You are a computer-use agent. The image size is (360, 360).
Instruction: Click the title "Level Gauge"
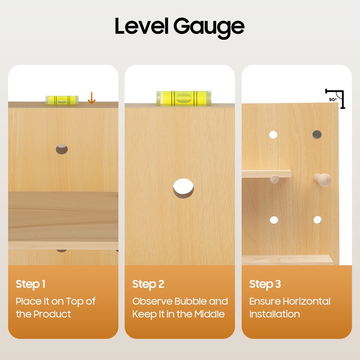180,27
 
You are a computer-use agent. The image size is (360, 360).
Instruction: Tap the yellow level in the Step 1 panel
62,100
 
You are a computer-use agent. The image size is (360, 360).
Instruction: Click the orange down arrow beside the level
91,98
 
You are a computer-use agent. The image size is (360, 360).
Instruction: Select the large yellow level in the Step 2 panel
184,98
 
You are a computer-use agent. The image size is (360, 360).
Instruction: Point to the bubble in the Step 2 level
184,98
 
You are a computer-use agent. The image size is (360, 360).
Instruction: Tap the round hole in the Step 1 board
62,149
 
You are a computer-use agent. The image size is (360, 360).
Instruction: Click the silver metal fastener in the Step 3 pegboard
317,135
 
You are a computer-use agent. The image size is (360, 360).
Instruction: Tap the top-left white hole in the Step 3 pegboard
273,135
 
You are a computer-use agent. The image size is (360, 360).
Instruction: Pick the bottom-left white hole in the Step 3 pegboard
274,220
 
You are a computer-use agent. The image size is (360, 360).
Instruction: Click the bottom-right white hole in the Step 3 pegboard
317,220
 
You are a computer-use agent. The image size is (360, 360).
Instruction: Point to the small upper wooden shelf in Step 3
266,174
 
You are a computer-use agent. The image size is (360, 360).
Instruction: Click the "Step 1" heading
31,284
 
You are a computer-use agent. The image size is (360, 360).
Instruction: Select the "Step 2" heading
148,284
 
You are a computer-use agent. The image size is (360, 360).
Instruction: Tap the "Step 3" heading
265,284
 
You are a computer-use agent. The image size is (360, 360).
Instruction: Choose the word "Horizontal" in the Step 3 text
306,301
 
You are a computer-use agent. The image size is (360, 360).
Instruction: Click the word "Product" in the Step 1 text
52,314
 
